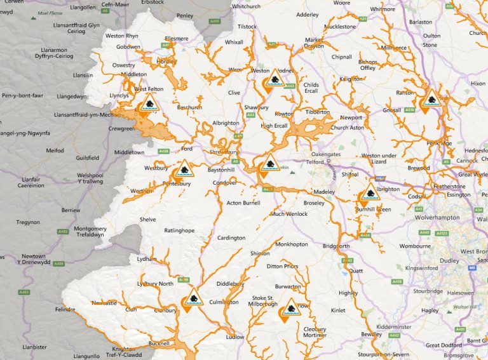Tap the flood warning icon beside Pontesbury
pos(184,170)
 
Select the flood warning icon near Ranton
pos(432,100)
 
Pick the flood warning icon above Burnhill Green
pos(370,194)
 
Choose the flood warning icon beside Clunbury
pos(193,298)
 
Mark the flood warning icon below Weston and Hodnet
pos(275,79)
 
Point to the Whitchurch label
pos(246,6)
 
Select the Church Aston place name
pos(348,128)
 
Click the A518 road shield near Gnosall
pos(410,110)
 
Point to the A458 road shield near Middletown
pos(163,151)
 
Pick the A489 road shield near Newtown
pos(59,263)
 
